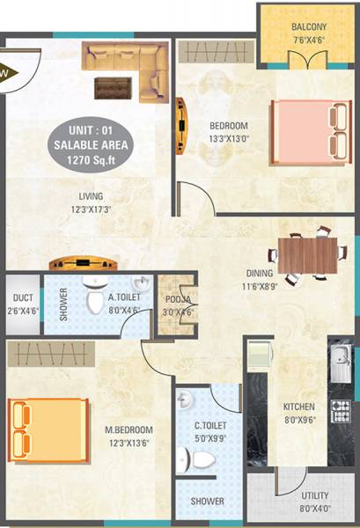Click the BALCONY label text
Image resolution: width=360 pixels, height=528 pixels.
(x=308, y=27)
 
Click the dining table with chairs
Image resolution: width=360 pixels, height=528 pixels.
(x=305, y=253)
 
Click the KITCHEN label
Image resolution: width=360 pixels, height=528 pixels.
(x=298, y=407)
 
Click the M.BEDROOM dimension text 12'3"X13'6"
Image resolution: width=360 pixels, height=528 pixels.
(x=129, y=443)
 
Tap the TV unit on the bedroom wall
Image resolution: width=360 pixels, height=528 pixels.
(x=181, y=125)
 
